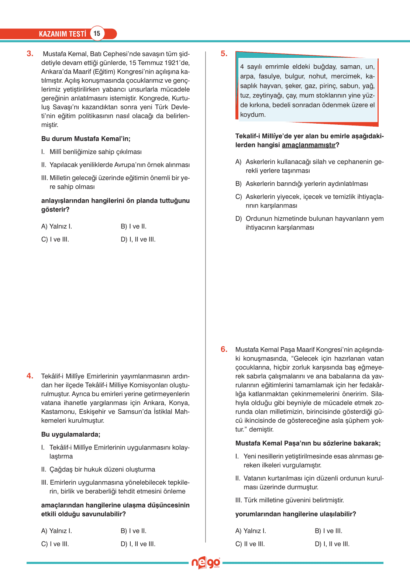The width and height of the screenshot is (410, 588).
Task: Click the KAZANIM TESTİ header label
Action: [62, 34]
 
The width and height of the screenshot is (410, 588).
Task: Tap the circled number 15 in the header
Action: [97, 34]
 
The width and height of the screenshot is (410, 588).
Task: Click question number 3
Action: [30, 54]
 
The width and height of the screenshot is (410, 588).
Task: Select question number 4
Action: [30, 376]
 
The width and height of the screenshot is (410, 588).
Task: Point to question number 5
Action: [224, 54]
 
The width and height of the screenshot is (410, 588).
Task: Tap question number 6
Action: [224, 349]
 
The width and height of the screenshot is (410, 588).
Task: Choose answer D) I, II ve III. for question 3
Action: [138, 240]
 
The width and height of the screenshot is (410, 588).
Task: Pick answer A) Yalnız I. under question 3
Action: [56, 227]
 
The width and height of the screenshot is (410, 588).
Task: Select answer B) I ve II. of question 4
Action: [134, 531]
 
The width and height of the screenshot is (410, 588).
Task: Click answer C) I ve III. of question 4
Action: [55, 544]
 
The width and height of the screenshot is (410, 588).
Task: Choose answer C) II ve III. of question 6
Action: [250, 544]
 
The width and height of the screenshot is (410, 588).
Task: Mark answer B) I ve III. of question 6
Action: [328, 531]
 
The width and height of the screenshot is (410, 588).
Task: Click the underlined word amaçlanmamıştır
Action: [309, 145]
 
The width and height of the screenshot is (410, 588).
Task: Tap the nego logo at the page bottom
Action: [206, 563]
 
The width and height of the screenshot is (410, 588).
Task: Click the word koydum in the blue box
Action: [252, 115]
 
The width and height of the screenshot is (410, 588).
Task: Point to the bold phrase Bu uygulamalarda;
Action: [71, 434]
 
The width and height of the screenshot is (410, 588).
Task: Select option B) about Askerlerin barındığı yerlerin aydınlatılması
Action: [302, 184]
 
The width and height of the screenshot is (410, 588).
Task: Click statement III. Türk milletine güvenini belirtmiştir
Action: [290, 501]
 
